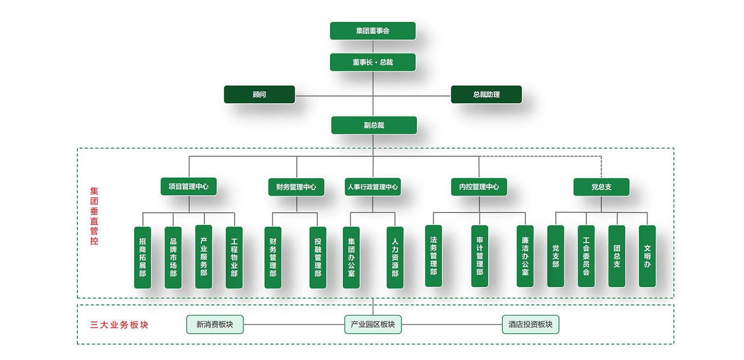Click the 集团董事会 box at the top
[372, 31]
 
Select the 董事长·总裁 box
[372, 62]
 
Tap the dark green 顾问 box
[259, 94]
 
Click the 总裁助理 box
[486, 94]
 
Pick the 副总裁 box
[374, 125]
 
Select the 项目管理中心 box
[189, 186]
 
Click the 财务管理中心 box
[296, 187]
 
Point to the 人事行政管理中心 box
[372, 187]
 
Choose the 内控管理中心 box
[479, 187]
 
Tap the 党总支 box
[601, 187]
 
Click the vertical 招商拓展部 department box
[142, 257]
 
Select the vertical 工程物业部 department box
[234, 257]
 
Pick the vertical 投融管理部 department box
[318, 257]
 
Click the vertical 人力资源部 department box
[395, 257]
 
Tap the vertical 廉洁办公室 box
[525, 256]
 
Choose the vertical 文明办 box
[647, 256]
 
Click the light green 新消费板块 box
[214, 324]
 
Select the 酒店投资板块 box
[530, 324]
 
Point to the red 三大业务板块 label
[119, 325]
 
